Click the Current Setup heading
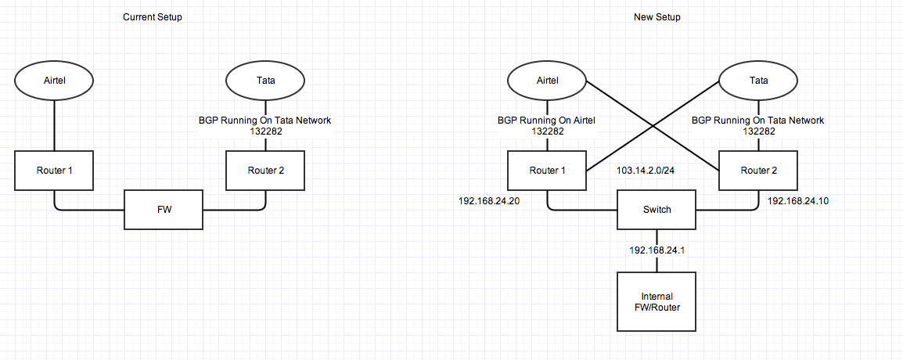click(153, 17)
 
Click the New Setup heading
click(657, 17)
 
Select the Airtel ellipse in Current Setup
click(54, 81)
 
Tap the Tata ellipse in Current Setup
click(265, 81)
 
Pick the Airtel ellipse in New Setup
click(547, 81)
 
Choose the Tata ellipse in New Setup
click(758, 81)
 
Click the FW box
click(164, 210)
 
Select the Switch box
click(657, 210)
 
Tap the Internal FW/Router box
click(657, 302)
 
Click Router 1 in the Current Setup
click(54, 171)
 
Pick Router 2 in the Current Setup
click(265, 171)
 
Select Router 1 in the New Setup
click(547, 171)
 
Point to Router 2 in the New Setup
click(758, 171)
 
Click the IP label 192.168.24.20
click(489, 202)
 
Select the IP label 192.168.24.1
click(657, 250)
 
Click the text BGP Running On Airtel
click(547, 121)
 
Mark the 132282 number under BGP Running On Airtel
click(547, 131)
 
